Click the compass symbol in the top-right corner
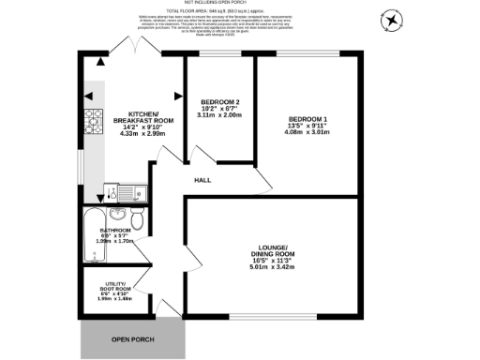coord(391,19)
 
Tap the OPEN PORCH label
coord(131,338)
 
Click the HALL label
coord(202,181)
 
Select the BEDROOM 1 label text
coord(307,118)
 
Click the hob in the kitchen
coord(95,120)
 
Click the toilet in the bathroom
coord(137,219)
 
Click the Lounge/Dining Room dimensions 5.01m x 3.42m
coord(272,267)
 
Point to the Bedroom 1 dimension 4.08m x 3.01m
coord(307,133)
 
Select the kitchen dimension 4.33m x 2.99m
coord(143,134)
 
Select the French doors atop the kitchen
coord(125,50)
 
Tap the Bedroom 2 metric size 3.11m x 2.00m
coord(221,116)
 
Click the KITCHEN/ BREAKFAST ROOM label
coord(143,116)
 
